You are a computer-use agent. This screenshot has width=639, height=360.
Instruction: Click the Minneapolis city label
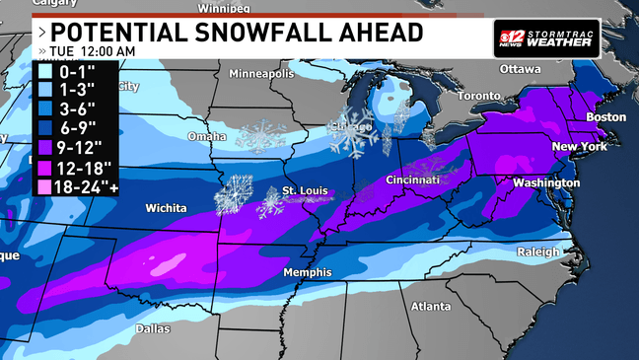[x=262, y=74]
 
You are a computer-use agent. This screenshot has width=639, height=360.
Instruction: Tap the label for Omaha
[x=208, y=136]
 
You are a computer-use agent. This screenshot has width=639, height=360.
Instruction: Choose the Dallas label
[x=153, y=328]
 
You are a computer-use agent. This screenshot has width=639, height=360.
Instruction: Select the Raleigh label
[x=537, y=252]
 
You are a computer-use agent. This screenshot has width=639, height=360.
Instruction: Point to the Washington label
[x=545, y=183]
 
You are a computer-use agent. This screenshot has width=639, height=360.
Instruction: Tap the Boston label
[x=605, y=116]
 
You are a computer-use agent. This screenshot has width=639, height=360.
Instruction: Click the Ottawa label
[x=521, y=70]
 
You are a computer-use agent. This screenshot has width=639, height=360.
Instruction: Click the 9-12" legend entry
[x=76, y=147]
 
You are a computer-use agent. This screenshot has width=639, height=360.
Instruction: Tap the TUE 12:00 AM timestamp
[x=94, y=50]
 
